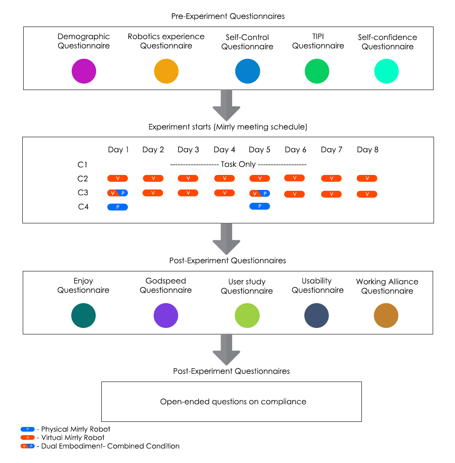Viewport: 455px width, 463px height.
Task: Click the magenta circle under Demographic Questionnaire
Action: click(84, 71)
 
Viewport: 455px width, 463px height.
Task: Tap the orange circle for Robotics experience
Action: click(166, 71)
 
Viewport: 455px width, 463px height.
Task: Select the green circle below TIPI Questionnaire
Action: click(317, 71)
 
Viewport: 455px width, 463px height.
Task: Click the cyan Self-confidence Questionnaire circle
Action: click(386, 71)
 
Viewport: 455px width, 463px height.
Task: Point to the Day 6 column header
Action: click(295, 150)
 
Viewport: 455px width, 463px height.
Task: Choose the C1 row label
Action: click(82, 165)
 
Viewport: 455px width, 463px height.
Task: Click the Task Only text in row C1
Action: click(238, 164)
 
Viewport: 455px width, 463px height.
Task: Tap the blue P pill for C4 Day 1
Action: click(118, 207)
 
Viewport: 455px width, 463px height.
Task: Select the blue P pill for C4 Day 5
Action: click(260, 206)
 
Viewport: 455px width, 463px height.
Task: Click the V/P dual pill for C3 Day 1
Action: click(118, 193)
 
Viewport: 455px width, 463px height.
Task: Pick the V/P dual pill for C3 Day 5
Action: click(260, 193)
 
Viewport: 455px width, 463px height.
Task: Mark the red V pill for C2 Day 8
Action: click(367, 178)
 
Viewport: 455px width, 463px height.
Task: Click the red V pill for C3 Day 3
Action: click(188, 193)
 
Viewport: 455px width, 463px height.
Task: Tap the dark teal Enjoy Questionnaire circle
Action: click(83, 316)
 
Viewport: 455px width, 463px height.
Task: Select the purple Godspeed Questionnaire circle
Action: click(166, 316)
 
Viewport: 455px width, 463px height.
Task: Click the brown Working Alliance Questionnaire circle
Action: click(386, 316)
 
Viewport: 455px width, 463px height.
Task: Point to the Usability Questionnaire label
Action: click(318, 286)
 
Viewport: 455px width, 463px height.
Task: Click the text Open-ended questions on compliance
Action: click(233, 402)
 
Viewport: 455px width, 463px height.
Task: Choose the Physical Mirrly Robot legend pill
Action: click(27, 429)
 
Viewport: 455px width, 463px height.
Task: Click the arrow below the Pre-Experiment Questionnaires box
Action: click(227, 105)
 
